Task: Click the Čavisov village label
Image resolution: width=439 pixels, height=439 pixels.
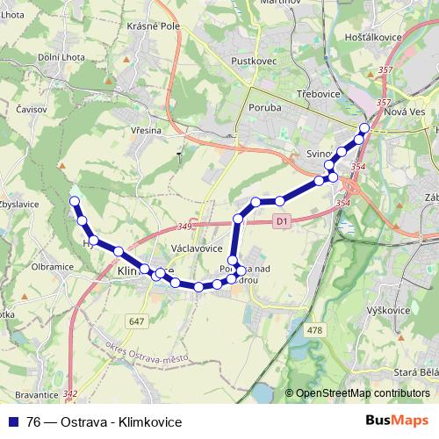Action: point(32,109)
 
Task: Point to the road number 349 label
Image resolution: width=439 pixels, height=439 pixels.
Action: point(184,227)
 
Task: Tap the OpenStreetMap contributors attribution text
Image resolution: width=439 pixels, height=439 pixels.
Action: point(362,394)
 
